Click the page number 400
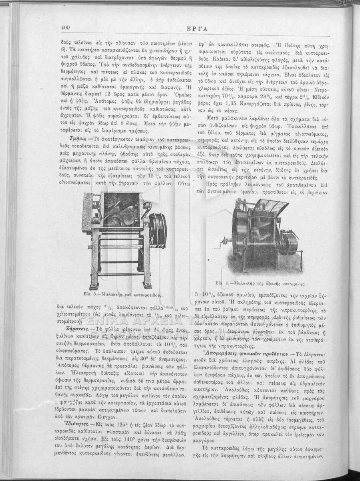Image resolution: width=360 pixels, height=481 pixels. [66, 27]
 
